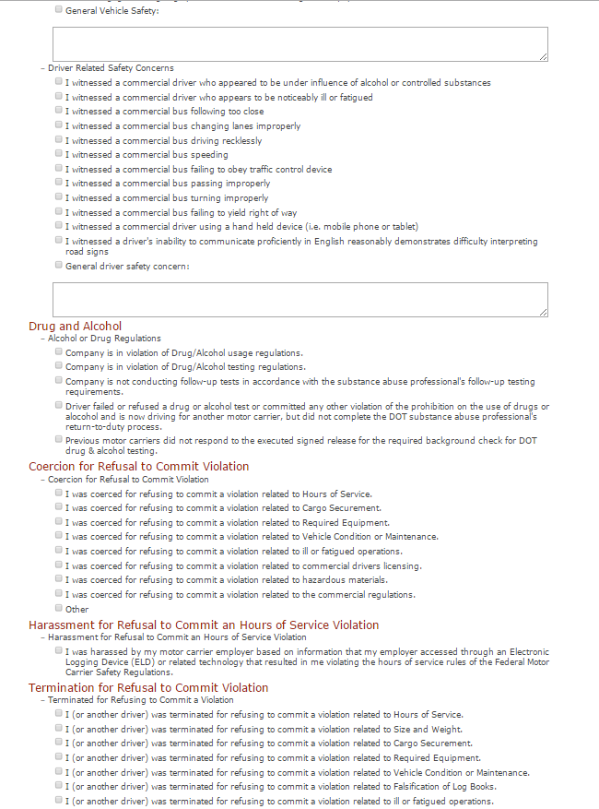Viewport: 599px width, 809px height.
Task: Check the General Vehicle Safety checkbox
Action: click(59, 10)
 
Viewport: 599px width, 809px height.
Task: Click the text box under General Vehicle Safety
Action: click(299, 44)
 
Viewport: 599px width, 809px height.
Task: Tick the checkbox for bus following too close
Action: click(59, 111)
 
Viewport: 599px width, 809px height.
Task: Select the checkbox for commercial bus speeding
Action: click(59, 154)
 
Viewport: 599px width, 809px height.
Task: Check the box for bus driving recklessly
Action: click(59, 140)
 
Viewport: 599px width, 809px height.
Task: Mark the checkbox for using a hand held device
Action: click(59, 226)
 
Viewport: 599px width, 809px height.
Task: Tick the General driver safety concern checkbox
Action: click(59, 266)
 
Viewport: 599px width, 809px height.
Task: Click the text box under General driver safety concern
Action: click(299, 300)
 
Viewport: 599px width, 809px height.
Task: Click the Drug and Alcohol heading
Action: click(75, 326)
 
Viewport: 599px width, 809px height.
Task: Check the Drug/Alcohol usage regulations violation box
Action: click(59, 352)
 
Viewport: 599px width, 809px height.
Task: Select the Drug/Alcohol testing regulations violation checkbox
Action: click(59, 366)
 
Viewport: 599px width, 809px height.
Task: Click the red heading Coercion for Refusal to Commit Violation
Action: click(138, 467)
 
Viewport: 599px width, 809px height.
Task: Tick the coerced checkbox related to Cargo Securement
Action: click(59, 507)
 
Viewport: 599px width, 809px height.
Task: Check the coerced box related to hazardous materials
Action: click(59, 579)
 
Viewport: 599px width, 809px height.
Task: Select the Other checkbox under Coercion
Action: click(59, 608)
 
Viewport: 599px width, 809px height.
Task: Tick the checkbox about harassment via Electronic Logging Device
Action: click(59, 650)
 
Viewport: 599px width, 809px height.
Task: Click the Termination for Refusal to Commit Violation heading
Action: click(148, 687)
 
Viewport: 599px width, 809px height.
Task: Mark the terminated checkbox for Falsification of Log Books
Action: click(59, 786)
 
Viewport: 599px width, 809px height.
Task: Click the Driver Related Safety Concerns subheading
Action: click(111, 68)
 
